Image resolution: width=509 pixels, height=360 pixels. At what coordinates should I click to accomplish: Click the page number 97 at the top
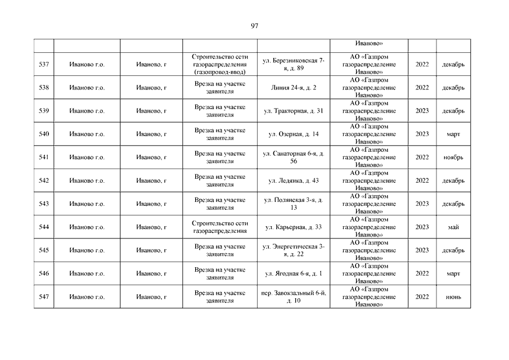pos(254,26)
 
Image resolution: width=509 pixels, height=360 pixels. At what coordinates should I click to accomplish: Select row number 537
pos(44,65)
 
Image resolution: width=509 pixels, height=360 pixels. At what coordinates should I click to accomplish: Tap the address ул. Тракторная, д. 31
pos(294,111)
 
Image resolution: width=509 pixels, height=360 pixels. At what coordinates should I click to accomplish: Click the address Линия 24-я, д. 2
pos(294,88)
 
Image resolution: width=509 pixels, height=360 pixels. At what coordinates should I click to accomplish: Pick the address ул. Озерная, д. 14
pos(294,134)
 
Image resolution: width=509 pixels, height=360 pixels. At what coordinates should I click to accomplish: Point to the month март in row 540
pos(453,134)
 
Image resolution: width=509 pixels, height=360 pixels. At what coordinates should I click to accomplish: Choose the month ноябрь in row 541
pos(453,157)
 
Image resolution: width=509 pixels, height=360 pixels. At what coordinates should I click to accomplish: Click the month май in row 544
pos(453,227)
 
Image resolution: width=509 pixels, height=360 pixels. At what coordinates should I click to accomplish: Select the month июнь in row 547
pos(453,297)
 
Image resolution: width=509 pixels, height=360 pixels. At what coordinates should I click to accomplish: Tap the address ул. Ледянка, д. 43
pos(294,181)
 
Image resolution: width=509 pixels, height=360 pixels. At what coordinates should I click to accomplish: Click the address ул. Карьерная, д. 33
pos(294,227)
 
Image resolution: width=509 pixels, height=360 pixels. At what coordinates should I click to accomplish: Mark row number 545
pos(44,250)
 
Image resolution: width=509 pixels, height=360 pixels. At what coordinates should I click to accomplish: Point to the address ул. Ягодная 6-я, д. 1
pos(294,274)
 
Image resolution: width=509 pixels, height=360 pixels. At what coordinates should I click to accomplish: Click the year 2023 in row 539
pos(422,111)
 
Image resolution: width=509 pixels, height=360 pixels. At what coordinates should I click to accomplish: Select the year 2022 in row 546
pos(422,274)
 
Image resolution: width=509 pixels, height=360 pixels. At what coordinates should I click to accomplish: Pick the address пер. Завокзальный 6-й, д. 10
pos(294,297)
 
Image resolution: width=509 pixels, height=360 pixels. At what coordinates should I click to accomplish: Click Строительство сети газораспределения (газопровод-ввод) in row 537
pos(220,65)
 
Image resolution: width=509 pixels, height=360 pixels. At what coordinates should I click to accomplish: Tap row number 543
pos(44,204)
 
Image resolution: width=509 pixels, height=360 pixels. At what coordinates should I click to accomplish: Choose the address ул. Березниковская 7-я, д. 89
pos(294,64)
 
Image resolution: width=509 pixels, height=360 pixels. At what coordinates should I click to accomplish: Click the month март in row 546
pos(453,274)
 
